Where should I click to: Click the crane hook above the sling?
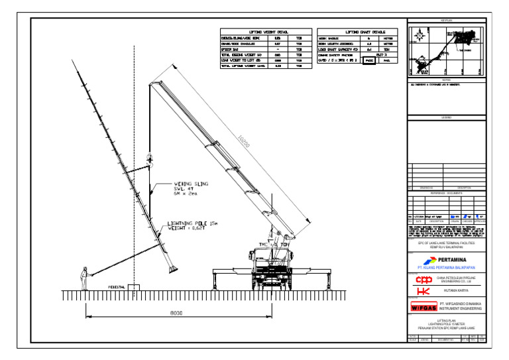pos(150,159)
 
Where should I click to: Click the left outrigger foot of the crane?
pos(213,287)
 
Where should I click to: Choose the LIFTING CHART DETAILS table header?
pos(357,32)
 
